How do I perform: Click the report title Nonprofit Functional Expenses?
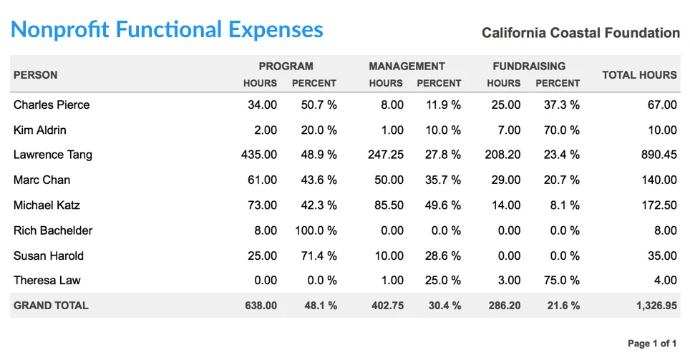pos(167,30)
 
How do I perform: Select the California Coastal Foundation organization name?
pos(580,33)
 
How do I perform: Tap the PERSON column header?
pos(36,74)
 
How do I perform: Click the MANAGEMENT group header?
pos(407,66)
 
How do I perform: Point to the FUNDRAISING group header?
pos(529,66)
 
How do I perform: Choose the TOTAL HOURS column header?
pos(639,74)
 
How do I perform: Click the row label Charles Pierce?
pos(52,105)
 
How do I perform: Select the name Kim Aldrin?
pos(40,130)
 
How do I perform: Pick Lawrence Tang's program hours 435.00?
pos(260,155)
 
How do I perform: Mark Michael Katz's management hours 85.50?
pos(387,205)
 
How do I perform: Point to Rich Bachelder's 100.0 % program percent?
pos(316,230)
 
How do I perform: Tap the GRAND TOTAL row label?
pos(51,306)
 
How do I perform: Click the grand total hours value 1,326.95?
pos(656,306)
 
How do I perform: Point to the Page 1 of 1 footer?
pos(652,344)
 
